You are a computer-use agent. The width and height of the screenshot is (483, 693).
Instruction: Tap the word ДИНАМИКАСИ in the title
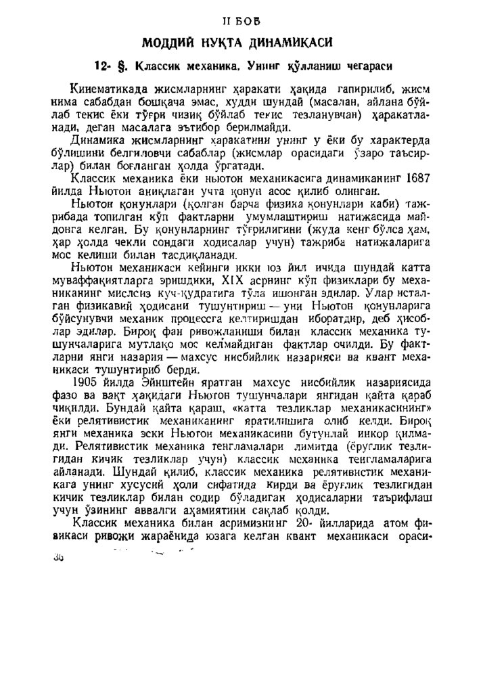[294, 43]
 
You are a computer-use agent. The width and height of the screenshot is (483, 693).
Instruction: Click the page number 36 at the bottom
[57, 556]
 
